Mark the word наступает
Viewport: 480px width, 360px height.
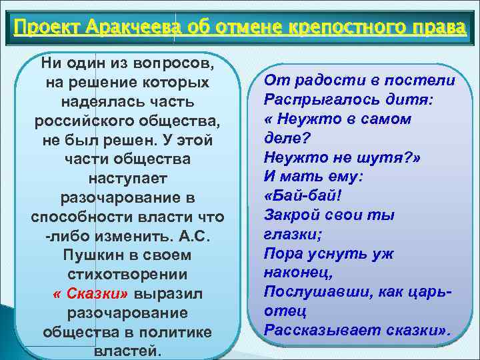(127, 179)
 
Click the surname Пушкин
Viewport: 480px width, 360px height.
(95, 255)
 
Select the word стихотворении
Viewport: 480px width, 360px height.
(127, 275)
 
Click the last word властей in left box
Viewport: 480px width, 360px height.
(127, 351)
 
